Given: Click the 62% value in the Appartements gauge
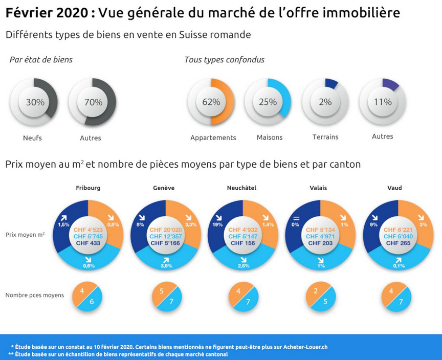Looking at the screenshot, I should (211, 102).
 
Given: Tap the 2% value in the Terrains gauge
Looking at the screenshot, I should (325, 102).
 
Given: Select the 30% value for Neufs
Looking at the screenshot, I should (35, 102).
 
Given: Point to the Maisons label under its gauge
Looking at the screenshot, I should (270, 138).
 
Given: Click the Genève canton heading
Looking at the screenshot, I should (164, 188).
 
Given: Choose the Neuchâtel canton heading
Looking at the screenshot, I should (241, 188).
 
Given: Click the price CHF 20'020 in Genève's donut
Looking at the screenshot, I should (165, 230).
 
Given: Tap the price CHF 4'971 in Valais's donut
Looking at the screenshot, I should (320, 237).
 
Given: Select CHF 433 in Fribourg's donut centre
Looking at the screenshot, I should (87, 243).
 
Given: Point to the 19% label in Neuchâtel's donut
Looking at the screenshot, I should (218, 224).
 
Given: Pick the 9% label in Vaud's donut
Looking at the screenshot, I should (373, 224).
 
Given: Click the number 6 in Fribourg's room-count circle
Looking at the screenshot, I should (92, 302).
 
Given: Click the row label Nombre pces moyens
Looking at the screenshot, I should (34, 295).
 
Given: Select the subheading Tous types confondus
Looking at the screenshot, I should (224, 60).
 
